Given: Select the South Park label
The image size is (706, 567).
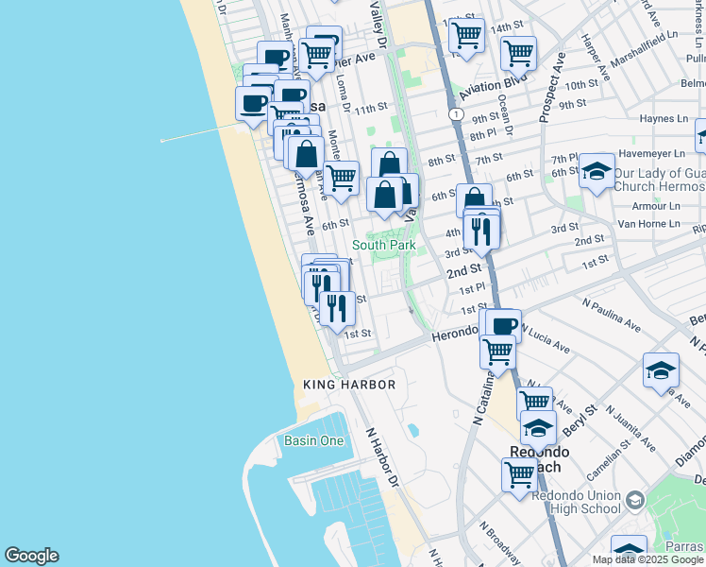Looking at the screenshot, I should tap(384, 245).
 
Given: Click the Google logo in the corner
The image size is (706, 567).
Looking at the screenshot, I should tap(31, 556).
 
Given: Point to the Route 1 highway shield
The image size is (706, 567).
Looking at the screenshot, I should tap(457, 113).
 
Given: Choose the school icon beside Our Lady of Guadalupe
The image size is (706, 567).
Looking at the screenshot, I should tap(596, 171).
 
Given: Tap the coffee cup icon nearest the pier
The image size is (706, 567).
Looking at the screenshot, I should tap(252, 103).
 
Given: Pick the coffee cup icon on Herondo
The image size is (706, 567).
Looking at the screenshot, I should tap(504, 325).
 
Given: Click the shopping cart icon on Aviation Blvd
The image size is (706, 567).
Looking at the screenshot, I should tap(518, 52).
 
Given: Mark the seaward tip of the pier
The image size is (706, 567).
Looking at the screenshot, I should tap(162, 141).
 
